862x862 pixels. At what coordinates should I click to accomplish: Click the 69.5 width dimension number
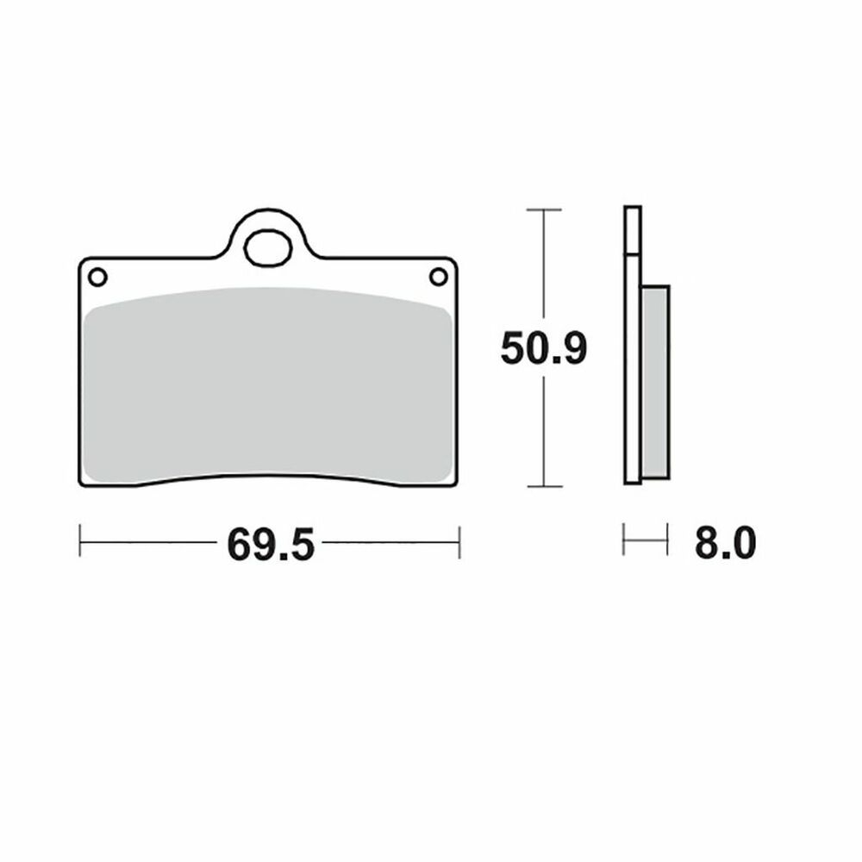click(271, 544)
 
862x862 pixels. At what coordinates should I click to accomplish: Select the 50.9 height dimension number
click(544, 348)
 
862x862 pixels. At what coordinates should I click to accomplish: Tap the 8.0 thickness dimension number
click(725, 542)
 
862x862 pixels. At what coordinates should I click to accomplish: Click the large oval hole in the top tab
click(268, 248)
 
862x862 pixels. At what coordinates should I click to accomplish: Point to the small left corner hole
click(98, 277)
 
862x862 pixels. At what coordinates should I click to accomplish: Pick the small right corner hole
click(438, 277)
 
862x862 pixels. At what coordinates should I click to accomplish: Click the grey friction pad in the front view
click(268, 384)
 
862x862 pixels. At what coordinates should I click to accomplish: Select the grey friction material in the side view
click(655, 382)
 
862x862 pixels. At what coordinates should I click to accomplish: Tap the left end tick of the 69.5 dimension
click(80, 541)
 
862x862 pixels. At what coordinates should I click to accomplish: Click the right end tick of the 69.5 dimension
click(459, 542)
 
